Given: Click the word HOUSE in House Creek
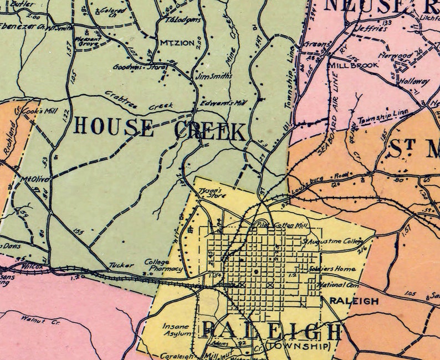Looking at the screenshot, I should [x=113, y=126].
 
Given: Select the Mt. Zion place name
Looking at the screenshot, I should [x=172, y=43].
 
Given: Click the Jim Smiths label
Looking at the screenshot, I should [x=214, y=76].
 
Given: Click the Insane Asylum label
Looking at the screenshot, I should [x=177, y=331].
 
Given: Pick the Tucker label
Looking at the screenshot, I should [x=121, y=265].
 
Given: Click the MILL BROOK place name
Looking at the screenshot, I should [x=353, y=65].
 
